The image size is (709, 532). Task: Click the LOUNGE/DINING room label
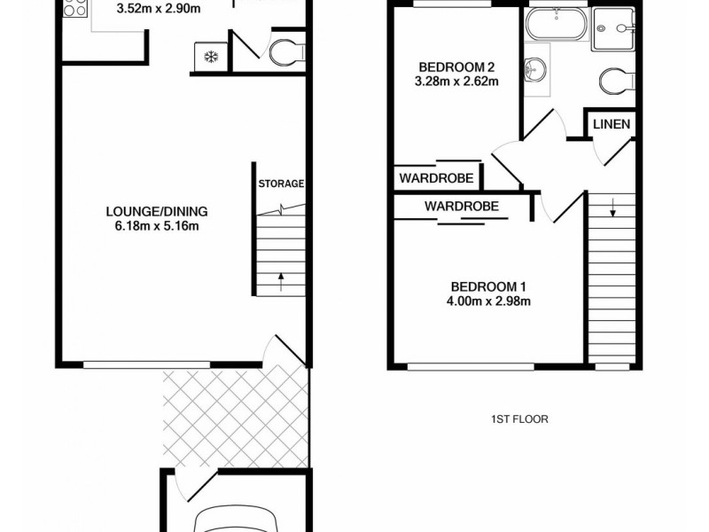point(157,211)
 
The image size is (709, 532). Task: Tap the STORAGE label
point(281,184)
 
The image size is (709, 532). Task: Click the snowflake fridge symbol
point(211,58)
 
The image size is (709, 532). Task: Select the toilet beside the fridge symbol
point(284,53)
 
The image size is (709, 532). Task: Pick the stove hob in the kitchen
point(74,9)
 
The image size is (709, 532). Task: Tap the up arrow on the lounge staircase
point(281,283)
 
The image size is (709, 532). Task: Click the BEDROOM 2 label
point(456,67)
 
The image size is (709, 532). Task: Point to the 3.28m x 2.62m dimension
point(456,82)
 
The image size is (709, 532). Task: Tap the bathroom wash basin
point(534,69)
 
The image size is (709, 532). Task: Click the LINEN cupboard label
point(612,124)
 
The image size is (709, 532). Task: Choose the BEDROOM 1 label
point(489,286)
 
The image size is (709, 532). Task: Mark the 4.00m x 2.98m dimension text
point(489,301)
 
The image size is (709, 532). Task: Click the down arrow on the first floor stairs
point(612,211)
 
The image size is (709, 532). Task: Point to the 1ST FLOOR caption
point(520,419)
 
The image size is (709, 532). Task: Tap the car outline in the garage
point(236,518)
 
